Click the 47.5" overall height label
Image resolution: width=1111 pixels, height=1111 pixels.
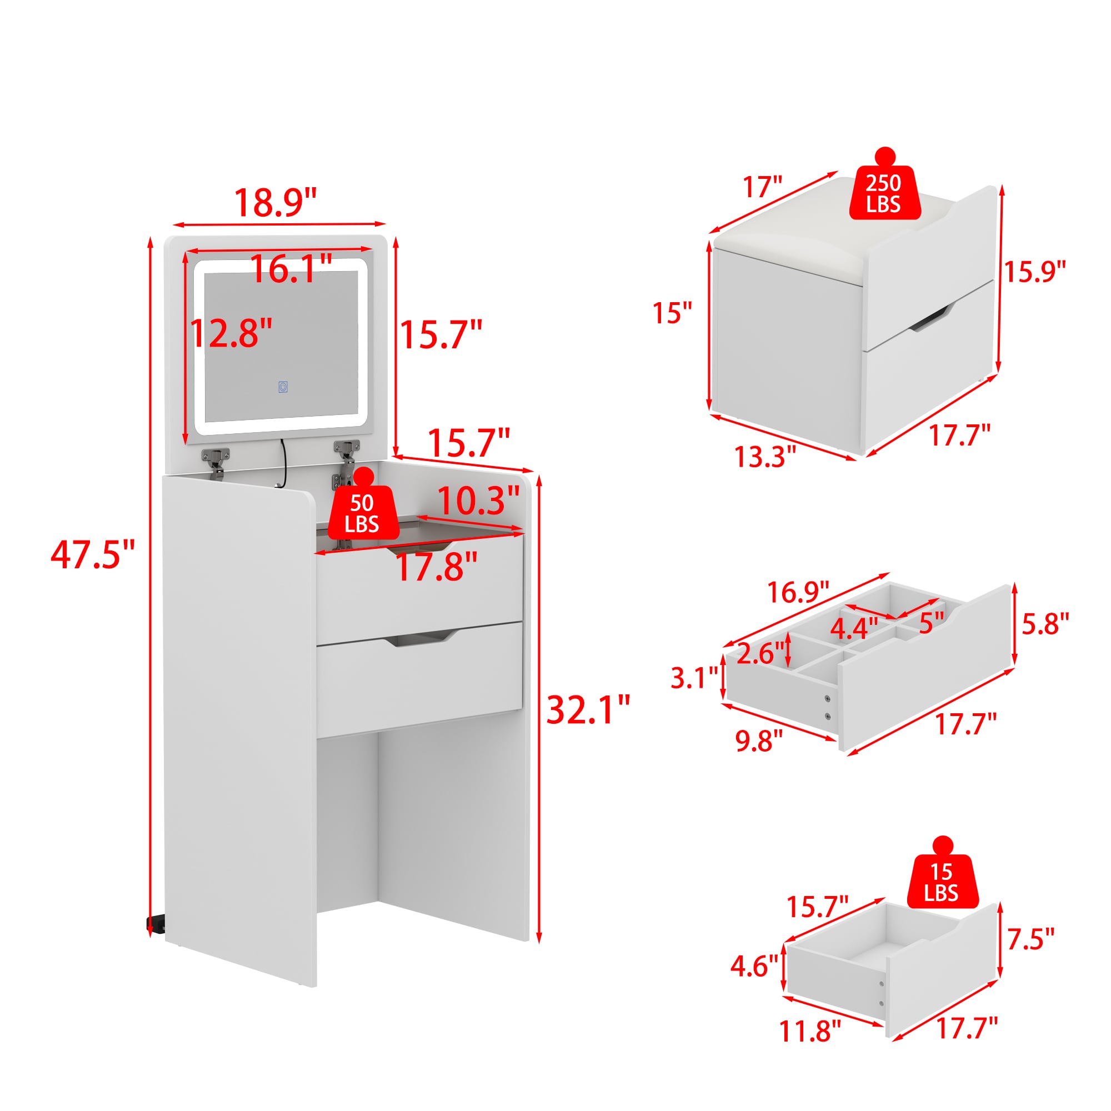click(x=93, y=555)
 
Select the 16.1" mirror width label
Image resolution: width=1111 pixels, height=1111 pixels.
click(x=292, y=268)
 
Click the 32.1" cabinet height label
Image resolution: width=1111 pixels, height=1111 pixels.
click(x=588, y=709)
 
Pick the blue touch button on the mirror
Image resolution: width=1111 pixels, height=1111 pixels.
click(x=283, y=387)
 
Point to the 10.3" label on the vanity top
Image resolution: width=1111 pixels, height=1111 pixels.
click(x=478, y=501)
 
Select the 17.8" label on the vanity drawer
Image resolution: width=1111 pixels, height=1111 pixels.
click(x=437, y=566)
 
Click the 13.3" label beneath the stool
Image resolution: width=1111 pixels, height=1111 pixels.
click(x=765, y=457)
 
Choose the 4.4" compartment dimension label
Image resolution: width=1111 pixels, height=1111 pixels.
click(x=854, y=628)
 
